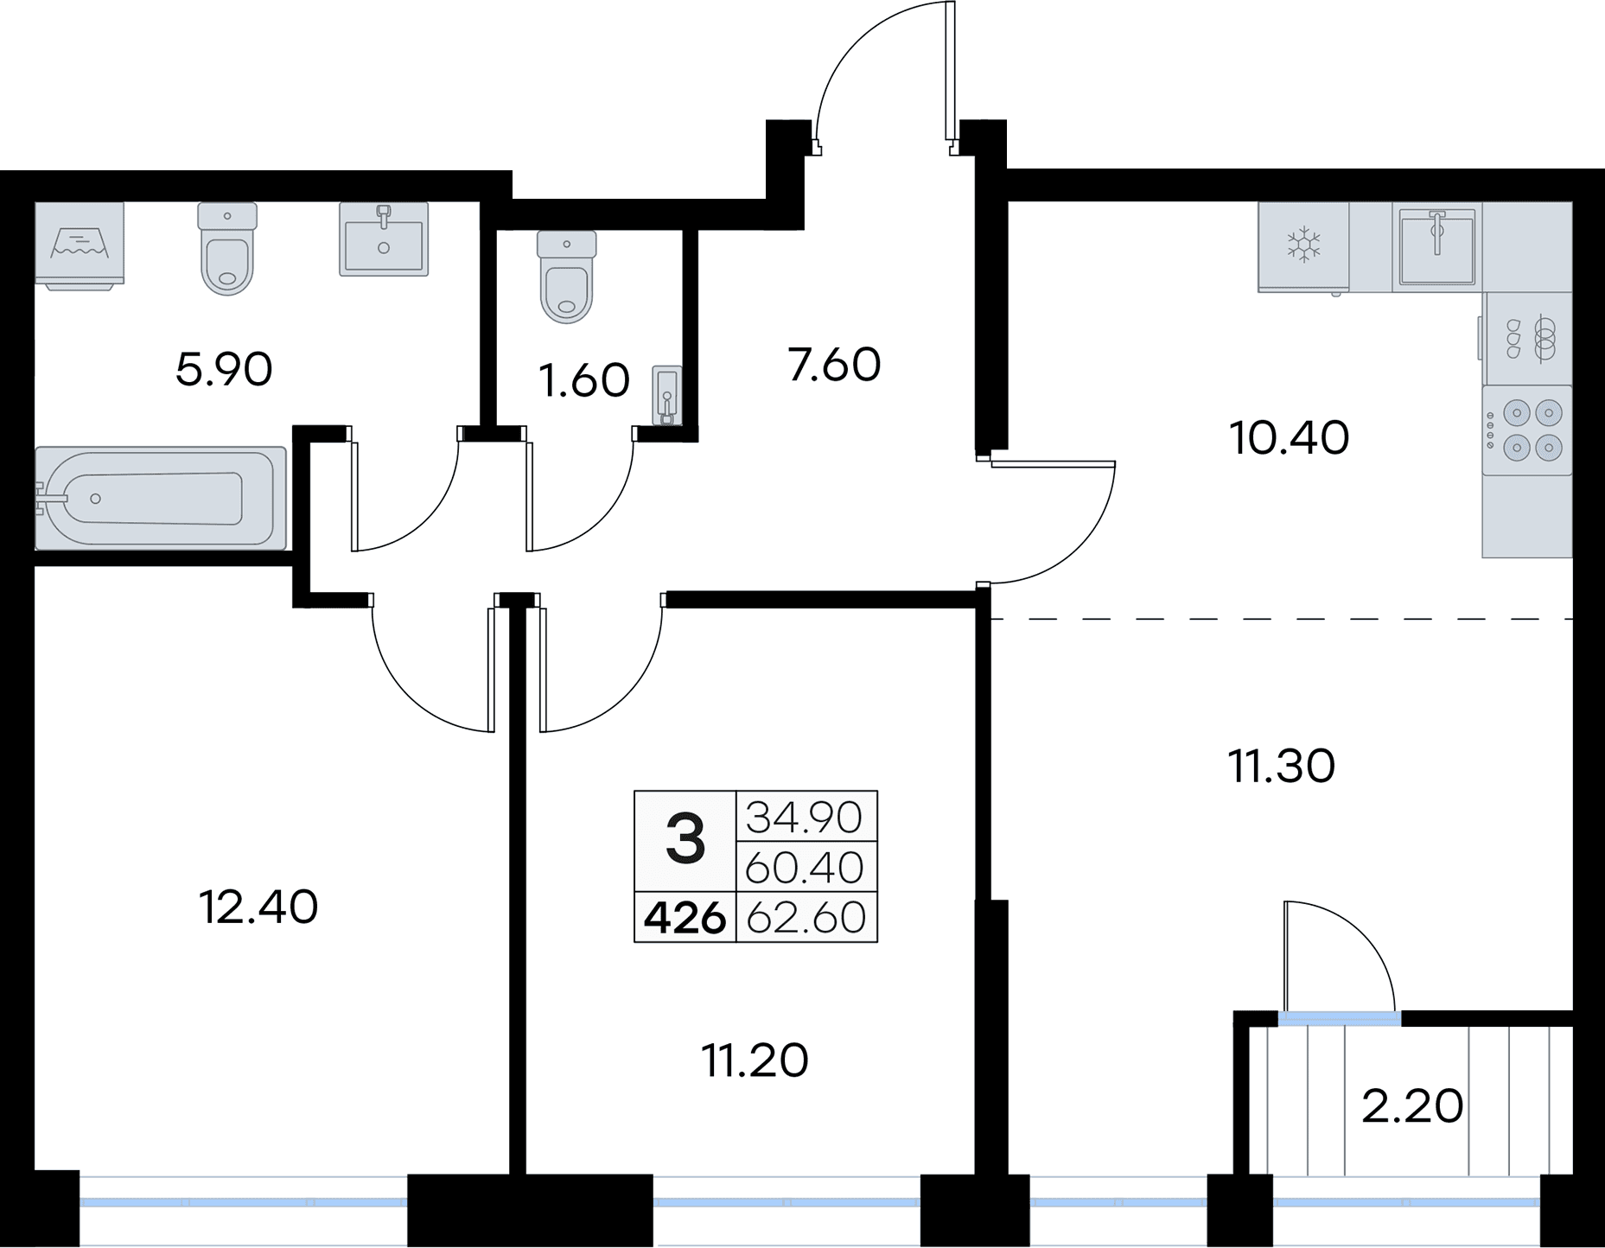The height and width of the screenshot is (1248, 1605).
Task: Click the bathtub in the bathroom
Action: point(161,498)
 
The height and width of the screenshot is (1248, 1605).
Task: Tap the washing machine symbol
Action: point(80,244)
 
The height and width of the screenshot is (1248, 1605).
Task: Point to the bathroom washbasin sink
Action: point(384,239)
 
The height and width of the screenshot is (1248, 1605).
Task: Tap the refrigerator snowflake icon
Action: point(1303,245)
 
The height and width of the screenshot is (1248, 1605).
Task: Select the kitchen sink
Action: point(1436,247)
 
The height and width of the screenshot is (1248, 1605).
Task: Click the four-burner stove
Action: point(1526,430)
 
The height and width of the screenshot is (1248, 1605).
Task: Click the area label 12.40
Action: point(258,907)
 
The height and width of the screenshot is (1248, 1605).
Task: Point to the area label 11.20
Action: point(755,1060)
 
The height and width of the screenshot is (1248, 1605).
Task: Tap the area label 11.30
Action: point(1281,766)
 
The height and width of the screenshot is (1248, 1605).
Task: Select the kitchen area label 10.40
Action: point(1289,438)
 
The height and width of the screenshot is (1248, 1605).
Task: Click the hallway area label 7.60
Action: point(834,364)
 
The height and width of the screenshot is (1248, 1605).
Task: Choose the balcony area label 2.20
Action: point(1412,1106)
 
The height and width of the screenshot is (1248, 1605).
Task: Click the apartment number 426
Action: point(685,918)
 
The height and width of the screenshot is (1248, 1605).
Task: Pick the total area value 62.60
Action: point(806,918)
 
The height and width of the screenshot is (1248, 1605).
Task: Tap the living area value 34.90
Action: point(804,817)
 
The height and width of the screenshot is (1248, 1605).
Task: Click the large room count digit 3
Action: point(685,840)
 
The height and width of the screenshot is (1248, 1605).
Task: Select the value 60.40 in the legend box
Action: point(804,868)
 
